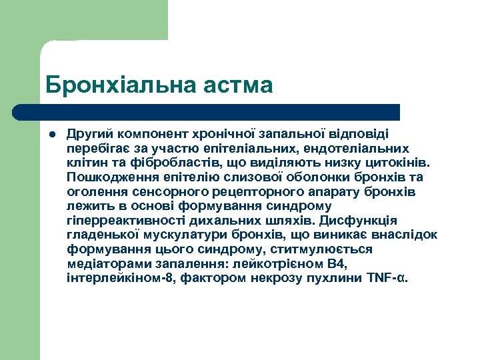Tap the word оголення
(94, 191)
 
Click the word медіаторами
(105, 263)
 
